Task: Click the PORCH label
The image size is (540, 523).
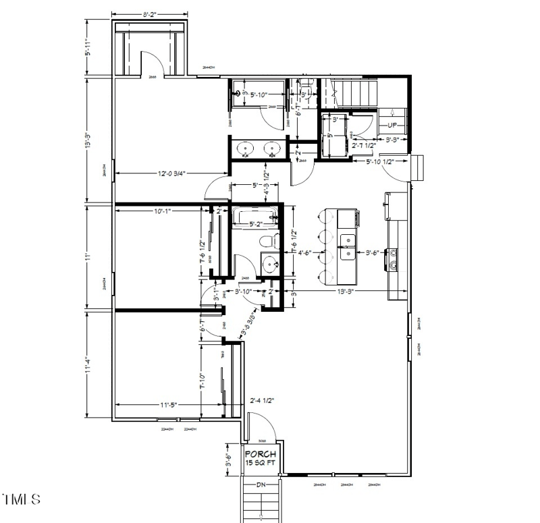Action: pos(260,454)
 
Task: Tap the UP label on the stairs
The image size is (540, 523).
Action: pos(392,125)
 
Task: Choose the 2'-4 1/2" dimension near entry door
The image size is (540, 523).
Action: pos(261,400)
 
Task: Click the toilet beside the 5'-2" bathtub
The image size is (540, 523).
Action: pos(267,242)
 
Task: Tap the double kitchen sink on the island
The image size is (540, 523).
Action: pos(348,246)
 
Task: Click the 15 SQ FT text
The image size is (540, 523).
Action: pos(260,463)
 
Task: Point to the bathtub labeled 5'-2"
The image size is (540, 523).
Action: pos(255,216)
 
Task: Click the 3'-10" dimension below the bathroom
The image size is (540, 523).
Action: pos(247,292)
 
